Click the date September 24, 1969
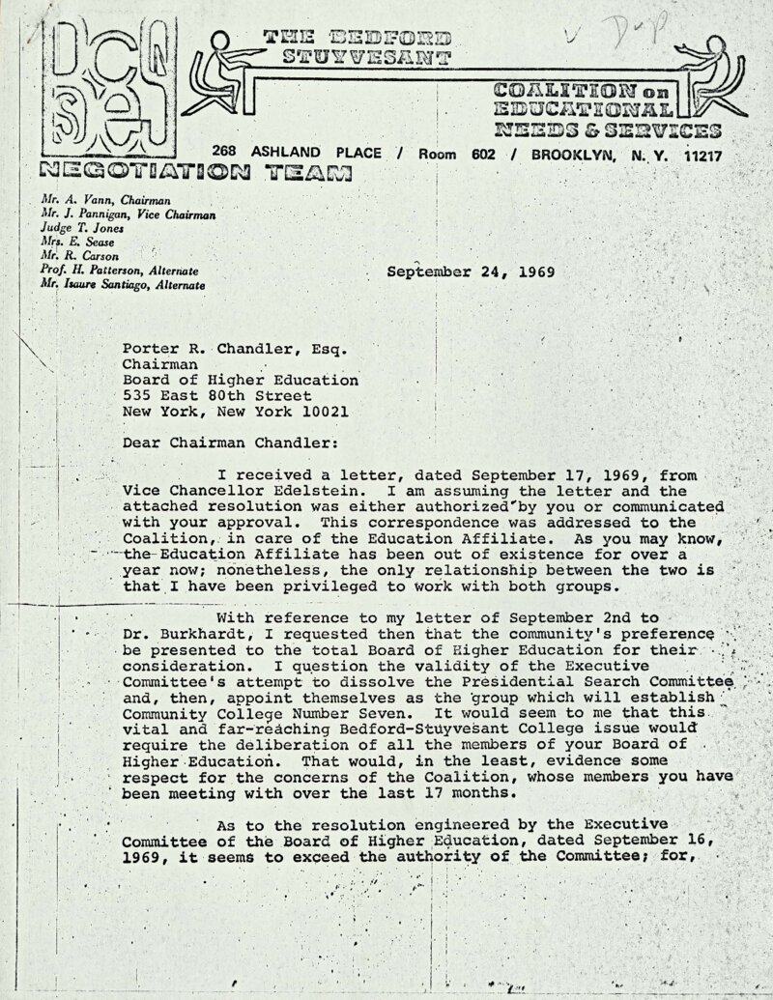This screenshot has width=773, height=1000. [471, 271]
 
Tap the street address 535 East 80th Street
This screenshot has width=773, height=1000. [216, 395]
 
